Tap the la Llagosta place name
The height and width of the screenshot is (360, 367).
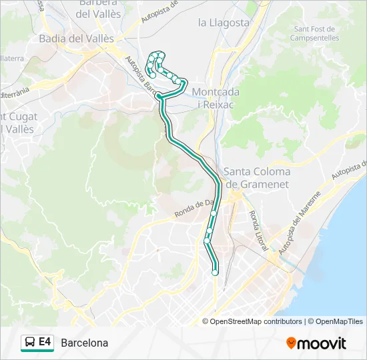224,23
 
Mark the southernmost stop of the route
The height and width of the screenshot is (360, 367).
215,272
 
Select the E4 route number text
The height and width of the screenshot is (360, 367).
45,342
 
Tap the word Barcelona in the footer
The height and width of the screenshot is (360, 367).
84,343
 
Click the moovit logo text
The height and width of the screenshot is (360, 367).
322,343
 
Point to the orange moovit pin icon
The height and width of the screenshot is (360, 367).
291,343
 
